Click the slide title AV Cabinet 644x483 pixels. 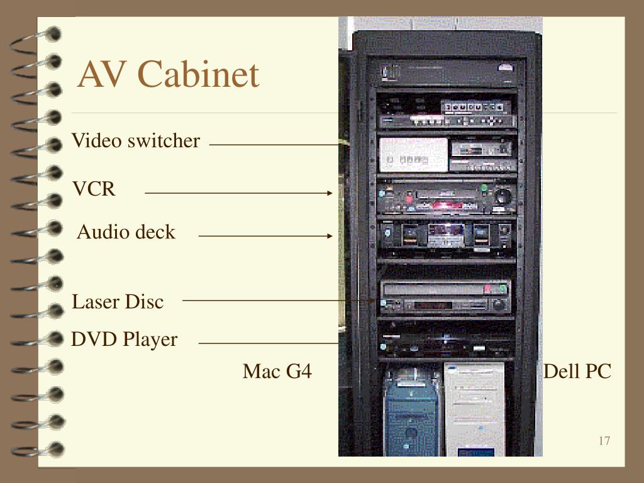(x=168, y=75)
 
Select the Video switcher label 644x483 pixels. (x=136, y=141)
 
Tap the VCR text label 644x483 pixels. (x=94, y=189)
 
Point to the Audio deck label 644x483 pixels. (x=126, y=233)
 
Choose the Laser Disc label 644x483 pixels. (x=118, y=302)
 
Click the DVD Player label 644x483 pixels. (x=125, y=340)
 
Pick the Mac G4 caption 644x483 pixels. (x=277, y=371)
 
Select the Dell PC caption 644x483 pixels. (x=577, y=371)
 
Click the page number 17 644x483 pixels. (x=604, y=440)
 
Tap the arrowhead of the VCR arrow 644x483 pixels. (x=330, y=193)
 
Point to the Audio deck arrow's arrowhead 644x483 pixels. (x=330, y=236)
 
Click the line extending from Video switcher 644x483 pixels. (x=277, y=144)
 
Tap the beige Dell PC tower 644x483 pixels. (x=474, y=409)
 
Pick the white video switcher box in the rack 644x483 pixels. (x=413, y=155)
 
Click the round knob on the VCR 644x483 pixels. (x=502, y=196)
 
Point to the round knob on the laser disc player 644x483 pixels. (x=499, y=304)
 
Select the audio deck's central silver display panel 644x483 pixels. (x=446, y=236)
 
